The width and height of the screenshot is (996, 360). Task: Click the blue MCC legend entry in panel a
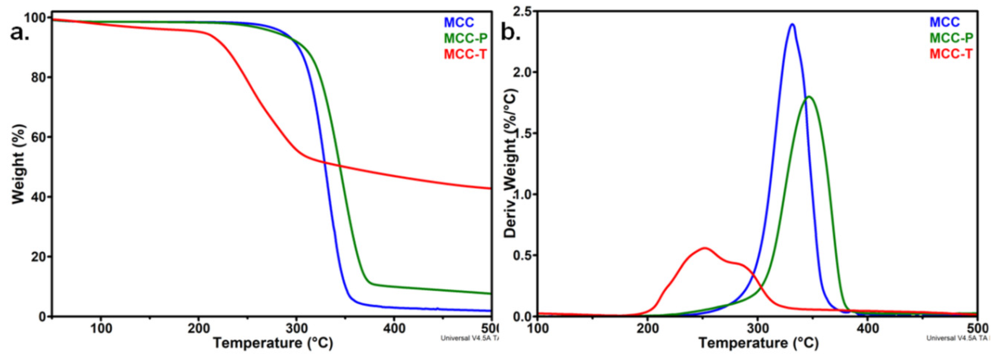pyautogui.click(x=459, y=22)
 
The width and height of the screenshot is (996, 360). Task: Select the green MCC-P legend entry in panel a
pyautogui.click(x=465, y=38)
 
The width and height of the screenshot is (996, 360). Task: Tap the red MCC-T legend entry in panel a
pyautogui.click(x=465, y=54)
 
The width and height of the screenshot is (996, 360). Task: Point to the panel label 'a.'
pyautogui.click(x=19, y=33)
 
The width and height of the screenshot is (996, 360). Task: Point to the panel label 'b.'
pyautogui.click(x=510, y=33)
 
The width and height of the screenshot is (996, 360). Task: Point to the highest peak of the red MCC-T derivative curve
pyautogui.click(x=704, y=248)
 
